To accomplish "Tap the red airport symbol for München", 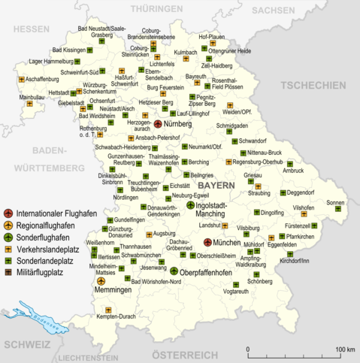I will tap(208, 243).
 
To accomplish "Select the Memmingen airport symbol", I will tap(100, 281).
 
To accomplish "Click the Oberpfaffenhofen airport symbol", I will tap(174, 271).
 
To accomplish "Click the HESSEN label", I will tap(30, 29).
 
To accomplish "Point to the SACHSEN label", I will tap(274, 11).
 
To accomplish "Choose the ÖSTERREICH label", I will tap(174, 355).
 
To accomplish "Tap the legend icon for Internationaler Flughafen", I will tap(8, 213).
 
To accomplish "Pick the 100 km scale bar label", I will tap(345, 349).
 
